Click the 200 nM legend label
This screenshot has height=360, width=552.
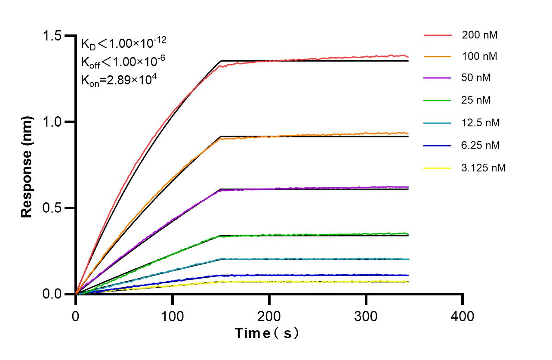[x=479, y=35]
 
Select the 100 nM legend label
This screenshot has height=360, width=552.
[x=479, y=56]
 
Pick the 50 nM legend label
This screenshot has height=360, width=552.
[x=476, y=78]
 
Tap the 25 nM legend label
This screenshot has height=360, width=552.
[x=476, y=100]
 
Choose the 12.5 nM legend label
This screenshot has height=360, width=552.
[x=481, y=123]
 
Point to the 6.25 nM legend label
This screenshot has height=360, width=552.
[x=481, y=146]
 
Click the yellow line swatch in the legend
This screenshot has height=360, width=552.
[x=438, y=168]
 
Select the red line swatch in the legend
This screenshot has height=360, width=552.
[x=438, y=35]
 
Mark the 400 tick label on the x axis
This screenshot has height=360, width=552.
[x=463, y=317]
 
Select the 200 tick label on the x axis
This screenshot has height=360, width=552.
[x=269, y=317]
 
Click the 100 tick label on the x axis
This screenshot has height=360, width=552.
[x=172, y=317]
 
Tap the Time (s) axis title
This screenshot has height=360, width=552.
[x=266, y=333]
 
